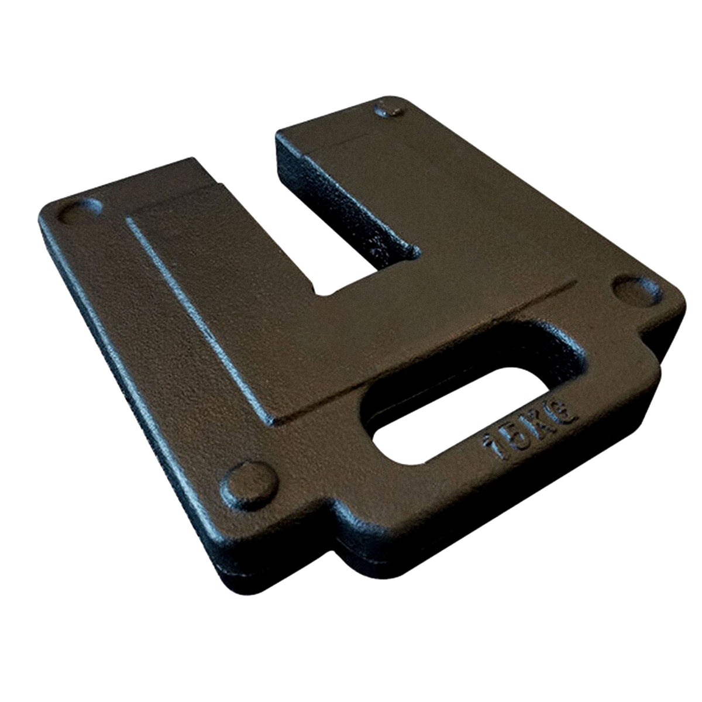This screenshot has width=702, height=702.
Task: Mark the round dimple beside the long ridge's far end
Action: click(79, 211)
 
